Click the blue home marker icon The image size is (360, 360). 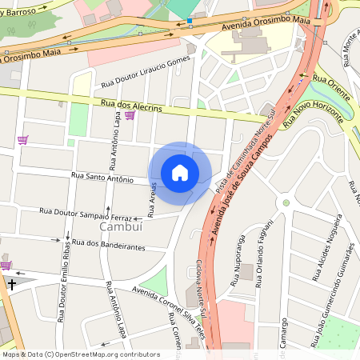click(x=180, y=173)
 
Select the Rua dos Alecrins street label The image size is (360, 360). click(x=132, y=107)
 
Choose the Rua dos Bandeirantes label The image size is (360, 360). click(x=108, y=245)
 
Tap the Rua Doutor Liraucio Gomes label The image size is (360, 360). click(x=146, y=72)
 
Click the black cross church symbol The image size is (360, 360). click(x=12, y=283)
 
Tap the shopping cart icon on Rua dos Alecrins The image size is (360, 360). click(x=130, y=116)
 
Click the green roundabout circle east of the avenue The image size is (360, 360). click(x=286, y=202)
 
